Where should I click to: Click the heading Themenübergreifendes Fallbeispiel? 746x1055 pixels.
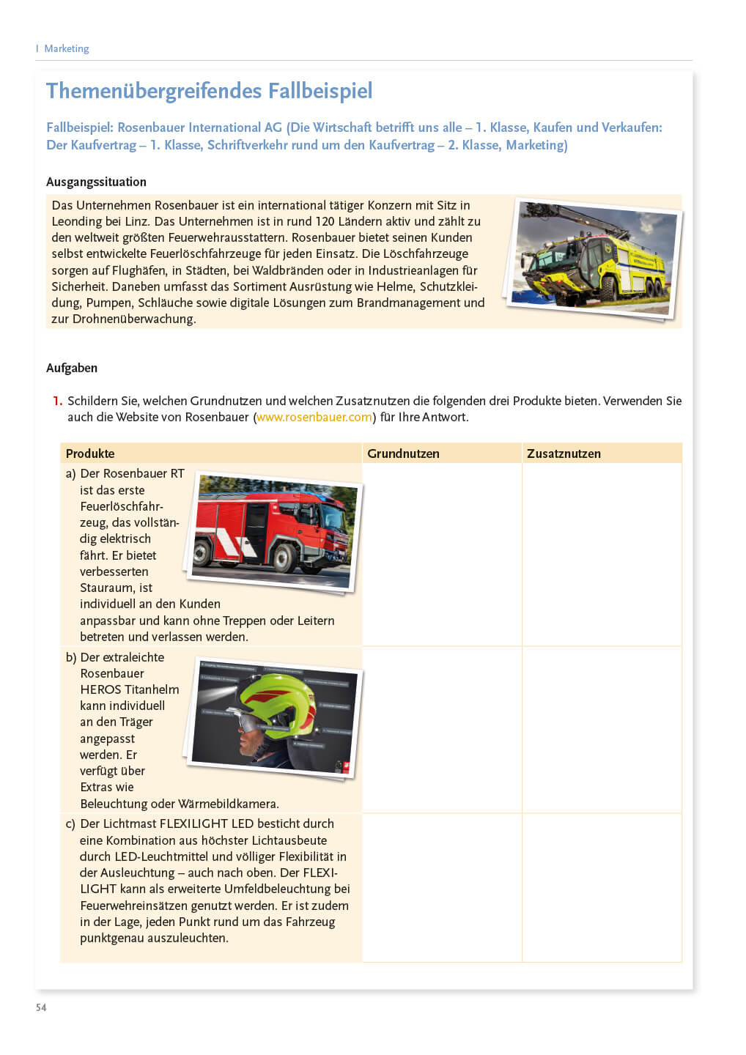point(209,91)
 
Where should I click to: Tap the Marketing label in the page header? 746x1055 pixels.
point(66,48)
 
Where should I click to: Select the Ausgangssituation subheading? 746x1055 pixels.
point(96,182)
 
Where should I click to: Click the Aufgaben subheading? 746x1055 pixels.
point(72,368)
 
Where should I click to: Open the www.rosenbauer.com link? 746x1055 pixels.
point(314,417)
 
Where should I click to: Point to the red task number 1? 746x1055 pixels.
point(57,401)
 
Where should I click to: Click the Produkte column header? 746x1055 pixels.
point(90,454)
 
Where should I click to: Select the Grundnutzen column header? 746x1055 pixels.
point(403,454)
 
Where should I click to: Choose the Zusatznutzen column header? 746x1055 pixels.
point(564,454)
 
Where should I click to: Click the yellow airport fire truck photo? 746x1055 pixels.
point(594,259)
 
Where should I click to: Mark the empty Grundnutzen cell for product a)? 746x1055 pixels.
point(441,554)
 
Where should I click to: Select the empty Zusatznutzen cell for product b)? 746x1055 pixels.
point(601,729)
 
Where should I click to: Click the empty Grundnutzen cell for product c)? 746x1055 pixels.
point(441,886)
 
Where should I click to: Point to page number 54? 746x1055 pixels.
point(41,1007)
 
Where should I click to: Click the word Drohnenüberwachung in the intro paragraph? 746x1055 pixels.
point(133,319)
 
